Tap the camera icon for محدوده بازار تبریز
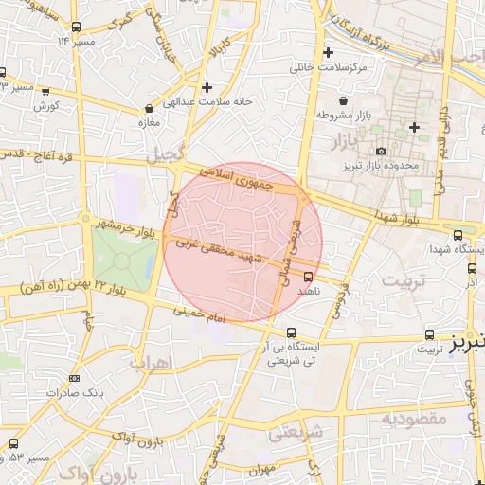[381, 152]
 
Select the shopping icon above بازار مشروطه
[342, 101]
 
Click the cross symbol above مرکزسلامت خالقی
[329, 52]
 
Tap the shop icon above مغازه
[150, 108]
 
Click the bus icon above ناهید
[308, 276]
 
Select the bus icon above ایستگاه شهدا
[458, 234]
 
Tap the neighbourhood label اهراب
[151, 363]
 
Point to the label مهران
[262, 468]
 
